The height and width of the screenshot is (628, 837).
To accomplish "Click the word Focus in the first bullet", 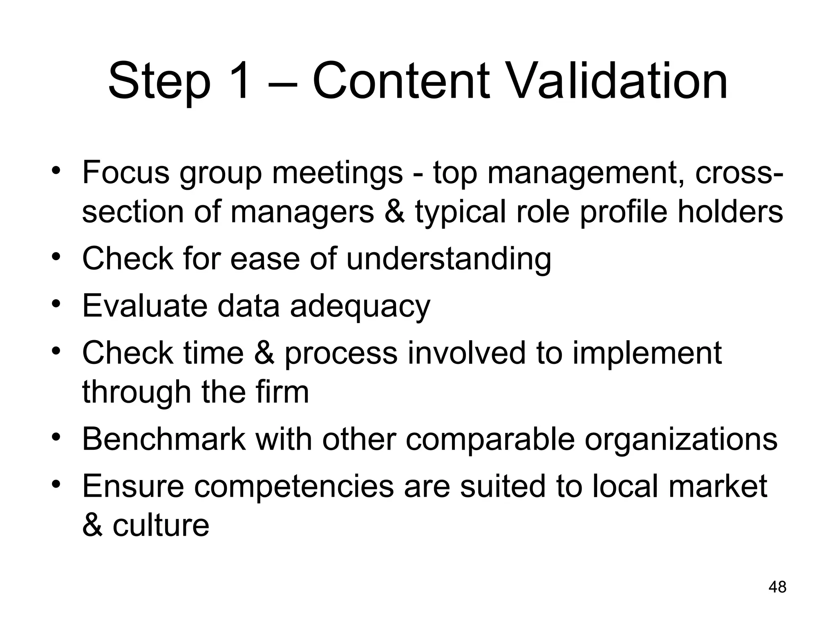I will click(125, 173).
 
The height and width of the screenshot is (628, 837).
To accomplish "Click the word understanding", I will click(449, 260).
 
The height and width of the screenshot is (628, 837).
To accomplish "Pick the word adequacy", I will click(360, 307).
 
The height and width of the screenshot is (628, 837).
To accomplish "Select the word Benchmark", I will click(164, 439).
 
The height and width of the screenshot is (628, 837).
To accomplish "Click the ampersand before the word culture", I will click(92, 525).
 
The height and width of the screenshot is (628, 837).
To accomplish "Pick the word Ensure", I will click(133, 487).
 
